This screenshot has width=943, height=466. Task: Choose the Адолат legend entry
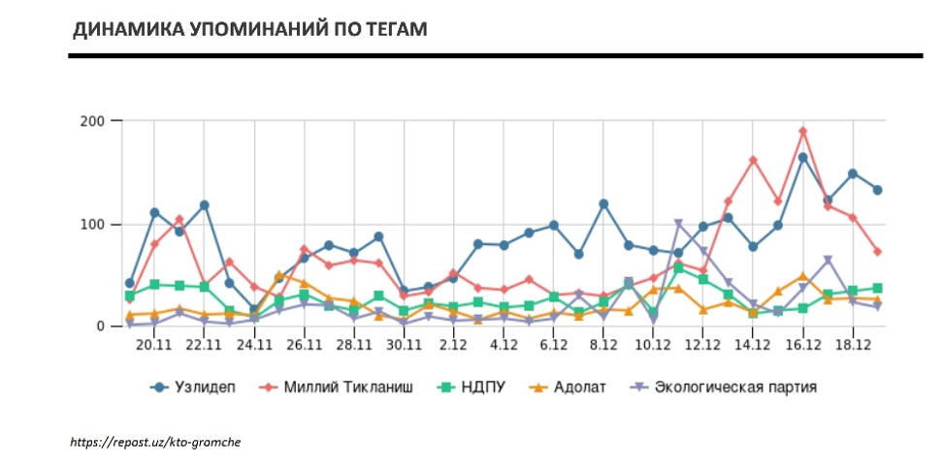click(x=573, y=387)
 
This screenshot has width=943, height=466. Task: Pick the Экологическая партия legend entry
click(x=727, y=387)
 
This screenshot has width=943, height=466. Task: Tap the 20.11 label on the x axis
click(x=154, y=345)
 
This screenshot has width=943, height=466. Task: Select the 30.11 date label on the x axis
click(x=403, y=345)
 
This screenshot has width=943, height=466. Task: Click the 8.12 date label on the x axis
click(x=603, y=345)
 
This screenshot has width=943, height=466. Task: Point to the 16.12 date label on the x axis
click(x=802, y=345)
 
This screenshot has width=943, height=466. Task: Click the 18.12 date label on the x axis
click(x=853, y=345)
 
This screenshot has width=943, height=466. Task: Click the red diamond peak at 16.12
click(x=803, y=131)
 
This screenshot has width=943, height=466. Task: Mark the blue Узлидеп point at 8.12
click(x=603, y=204)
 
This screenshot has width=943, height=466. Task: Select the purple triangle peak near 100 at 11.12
click(x=678, y=225)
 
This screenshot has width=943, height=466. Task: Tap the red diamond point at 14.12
click(x=753, y=160)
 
